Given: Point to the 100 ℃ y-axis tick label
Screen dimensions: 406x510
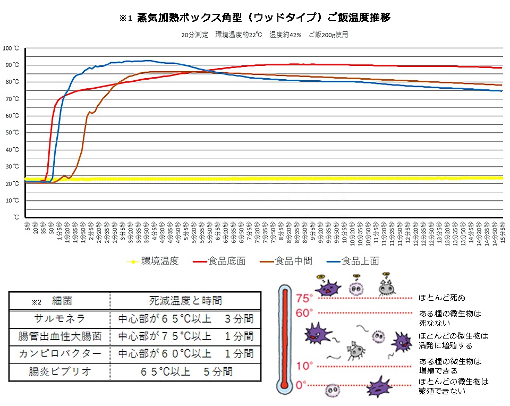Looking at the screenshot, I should tap(11, 48).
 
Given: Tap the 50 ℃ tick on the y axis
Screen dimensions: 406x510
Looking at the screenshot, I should tap(12, 133).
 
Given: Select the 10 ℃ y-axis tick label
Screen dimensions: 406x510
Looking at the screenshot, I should tap(12, 200).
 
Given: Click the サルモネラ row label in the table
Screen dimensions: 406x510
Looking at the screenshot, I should tap(59, 319).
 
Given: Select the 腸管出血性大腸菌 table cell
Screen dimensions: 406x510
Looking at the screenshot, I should tap(59, 336).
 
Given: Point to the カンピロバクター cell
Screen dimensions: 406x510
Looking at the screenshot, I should tap(59, 354).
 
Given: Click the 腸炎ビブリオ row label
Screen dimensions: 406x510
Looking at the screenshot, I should tap(59, 371).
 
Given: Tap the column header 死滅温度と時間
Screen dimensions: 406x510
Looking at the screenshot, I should tap(185, 301).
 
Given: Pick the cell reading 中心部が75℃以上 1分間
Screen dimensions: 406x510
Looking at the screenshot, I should tap(185, 336).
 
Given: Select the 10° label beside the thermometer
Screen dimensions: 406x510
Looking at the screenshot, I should tap(303, 366).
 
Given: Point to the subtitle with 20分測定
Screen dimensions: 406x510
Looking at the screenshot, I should tap(264, 35).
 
